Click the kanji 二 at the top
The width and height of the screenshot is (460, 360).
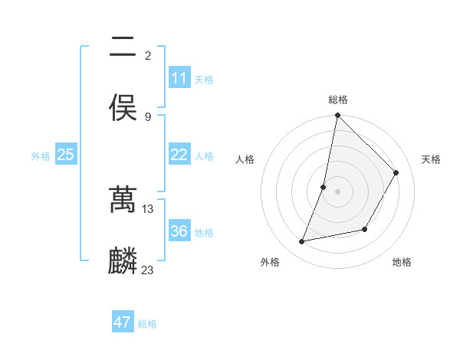coord(123,48)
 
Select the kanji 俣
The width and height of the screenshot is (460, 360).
coord(123,108)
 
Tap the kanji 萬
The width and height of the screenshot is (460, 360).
coord(123,200)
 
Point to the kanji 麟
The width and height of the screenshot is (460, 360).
coord(123,261)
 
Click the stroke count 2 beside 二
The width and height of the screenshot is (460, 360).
coord(148,55)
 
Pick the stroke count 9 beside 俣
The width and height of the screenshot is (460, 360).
coord(148,116)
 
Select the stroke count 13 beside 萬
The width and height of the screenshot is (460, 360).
coord(149,208)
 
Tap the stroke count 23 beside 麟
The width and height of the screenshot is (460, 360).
coord(149,270)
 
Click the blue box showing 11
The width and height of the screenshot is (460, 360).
coord(179,78)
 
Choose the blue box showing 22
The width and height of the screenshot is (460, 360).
coord(179,155)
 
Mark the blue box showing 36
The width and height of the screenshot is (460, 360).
coord(179,231)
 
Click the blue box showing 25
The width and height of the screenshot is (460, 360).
coord(65,155)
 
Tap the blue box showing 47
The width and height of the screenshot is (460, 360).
coord(123,322)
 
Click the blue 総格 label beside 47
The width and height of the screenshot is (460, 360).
coord(147,324)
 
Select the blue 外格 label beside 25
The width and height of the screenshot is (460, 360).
coord(41,156)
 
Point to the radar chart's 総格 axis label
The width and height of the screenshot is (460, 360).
coord(337,100)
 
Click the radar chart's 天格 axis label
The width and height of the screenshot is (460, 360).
coord(431,159)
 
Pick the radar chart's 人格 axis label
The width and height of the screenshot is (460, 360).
coord(245,159)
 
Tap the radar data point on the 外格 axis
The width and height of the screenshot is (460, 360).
coord(302,242)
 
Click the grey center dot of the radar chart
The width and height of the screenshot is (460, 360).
coord(337,191)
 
